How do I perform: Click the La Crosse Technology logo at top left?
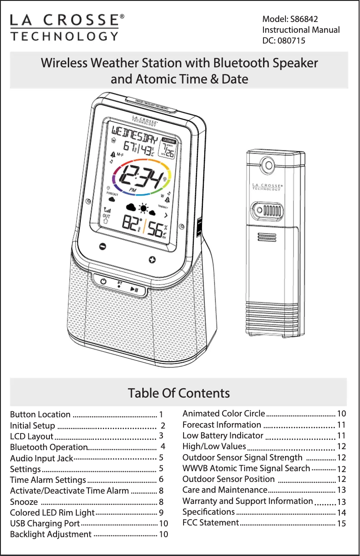66,27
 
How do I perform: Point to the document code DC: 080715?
284,41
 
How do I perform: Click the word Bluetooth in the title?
240,63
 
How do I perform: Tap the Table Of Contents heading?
179,393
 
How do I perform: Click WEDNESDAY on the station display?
134,133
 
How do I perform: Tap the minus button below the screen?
103,246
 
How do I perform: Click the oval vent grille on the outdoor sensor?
270,210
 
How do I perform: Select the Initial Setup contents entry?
32,425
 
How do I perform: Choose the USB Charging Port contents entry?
45,523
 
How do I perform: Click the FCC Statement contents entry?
211,523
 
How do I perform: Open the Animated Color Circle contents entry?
224,413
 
